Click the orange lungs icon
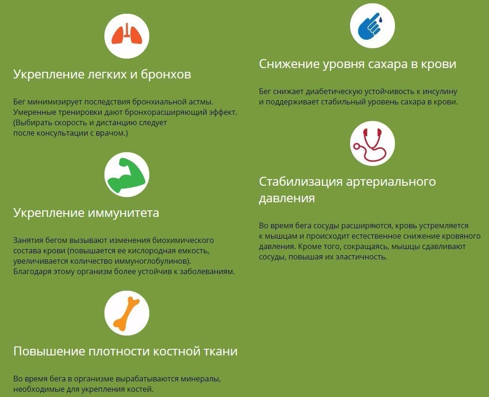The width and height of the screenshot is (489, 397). pyautogui.click(x=127, y=34)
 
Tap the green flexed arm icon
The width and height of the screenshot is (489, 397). pyautogui.click(x=127, y=175)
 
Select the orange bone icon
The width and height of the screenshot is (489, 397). pyautogui.click(x=127, y=313)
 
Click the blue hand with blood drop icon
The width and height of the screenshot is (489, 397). pyautogui.click(x=371, y=26)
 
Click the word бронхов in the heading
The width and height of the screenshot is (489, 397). pyautogui.click(x=166, y=74)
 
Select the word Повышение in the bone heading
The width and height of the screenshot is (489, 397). pyautogui.click(x=49, y=351)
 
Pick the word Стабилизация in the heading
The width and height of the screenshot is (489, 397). pyautogui.click(x=300, y=182)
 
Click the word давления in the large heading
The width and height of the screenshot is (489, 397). pyautogui.click(x=287, y=198)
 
